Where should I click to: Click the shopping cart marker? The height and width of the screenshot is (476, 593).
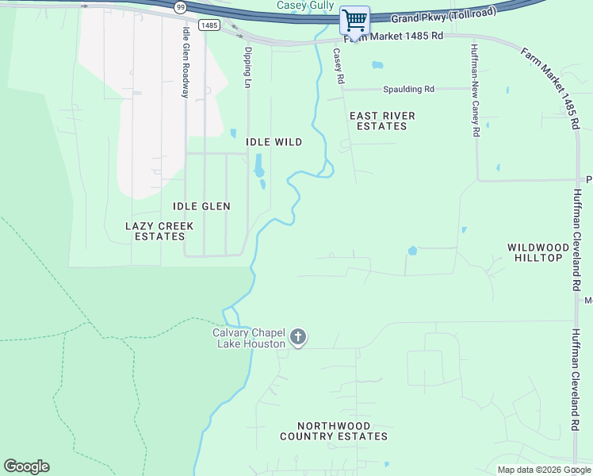(x=354, y=19)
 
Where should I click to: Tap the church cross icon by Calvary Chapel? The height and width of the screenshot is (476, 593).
(x=298, y=338)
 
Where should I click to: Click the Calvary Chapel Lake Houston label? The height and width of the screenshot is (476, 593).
(x=249, y=338)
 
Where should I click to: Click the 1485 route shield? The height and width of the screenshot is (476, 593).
(x=209, y=25)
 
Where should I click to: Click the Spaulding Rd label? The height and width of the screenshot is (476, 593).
(x=408, y=89)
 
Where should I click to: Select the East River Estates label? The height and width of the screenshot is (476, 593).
(x=382, y=121)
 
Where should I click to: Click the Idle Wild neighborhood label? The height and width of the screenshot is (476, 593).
(x=274, y=142)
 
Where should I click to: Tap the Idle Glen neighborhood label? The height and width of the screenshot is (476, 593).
(x=201, y=206)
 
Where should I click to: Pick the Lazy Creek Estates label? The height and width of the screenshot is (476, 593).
(x=159, y=231)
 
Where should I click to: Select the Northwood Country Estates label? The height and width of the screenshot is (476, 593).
(x=334, y=432)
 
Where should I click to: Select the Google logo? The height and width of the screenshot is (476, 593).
(x=26, y=466)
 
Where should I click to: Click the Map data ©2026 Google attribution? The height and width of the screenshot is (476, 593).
(x=544, y=470)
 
